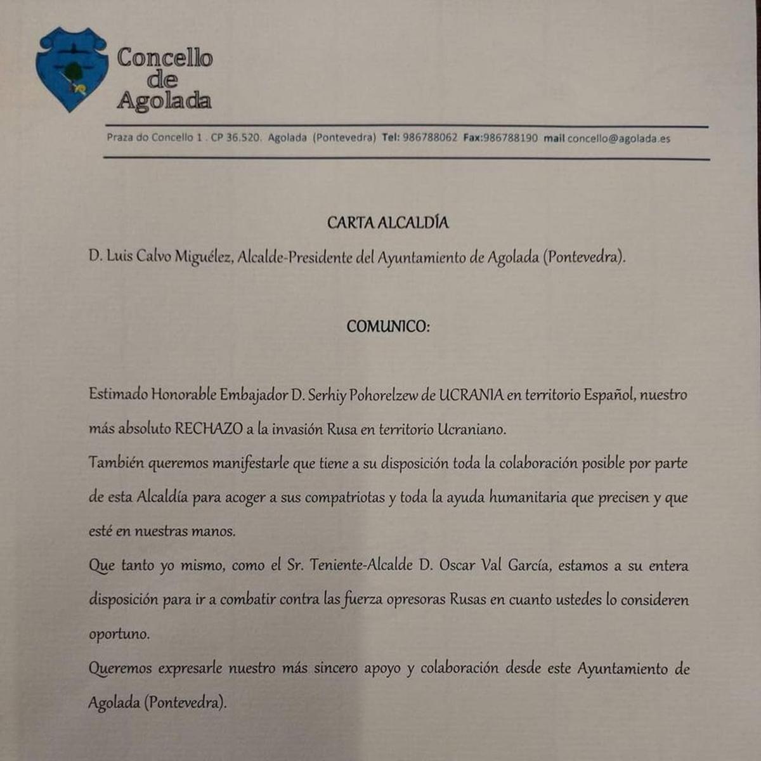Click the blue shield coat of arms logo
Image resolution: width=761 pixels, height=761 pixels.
click(x=70, y=68)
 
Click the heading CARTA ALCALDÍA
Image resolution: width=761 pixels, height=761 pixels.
click(x=387, y=223)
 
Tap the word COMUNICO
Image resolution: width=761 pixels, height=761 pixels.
click(x=387, y=327)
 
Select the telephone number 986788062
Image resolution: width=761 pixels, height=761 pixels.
click(x=429, y=138)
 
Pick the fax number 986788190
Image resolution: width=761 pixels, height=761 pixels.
click(x=510, y=138)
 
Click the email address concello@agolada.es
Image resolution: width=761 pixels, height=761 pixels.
click(x=618, y=138)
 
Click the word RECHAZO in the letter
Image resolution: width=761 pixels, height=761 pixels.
click(x=209, y=429)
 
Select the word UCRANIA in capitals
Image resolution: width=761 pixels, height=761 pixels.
click(x=471, y=394)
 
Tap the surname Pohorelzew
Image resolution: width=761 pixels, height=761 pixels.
click(x=384, y=395)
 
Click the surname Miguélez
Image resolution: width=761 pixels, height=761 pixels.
click(x=203, y=257)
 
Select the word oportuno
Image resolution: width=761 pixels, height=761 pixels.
click(x=119, y=634)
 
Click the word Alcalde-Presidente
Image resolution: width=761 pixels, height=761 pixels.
click(x=295, y=257)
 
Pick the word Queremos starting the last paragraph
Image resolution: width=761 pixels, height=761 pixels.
click(x=120, y=668)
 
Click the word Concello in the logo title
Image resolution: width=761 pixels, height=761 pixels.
click(x=164, y=58)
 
